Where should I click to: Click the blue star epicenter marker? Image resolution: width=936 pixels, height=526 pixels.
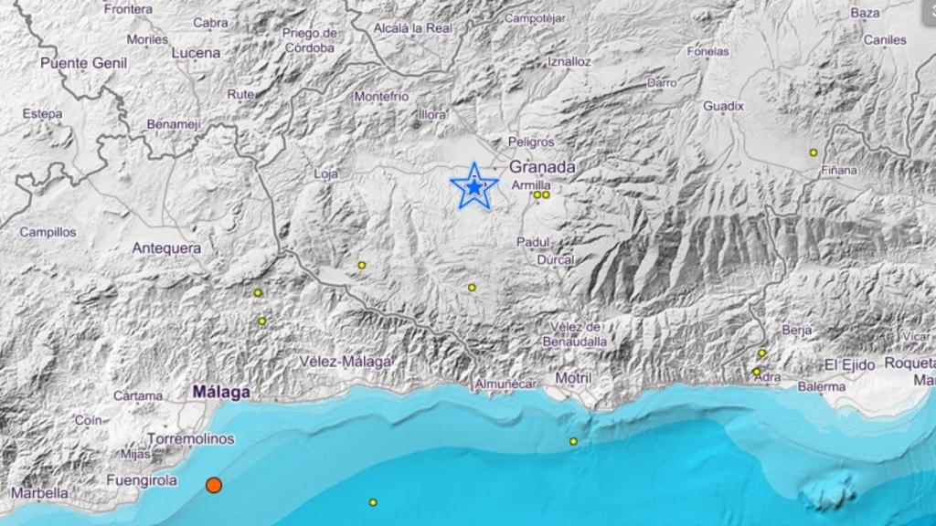click(473, 186)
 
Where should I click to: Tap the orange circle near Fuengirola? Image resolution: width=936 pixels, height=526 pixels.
click(213, 485)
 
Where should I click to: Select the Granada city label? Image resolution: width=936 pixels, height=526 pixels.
click(542, 167)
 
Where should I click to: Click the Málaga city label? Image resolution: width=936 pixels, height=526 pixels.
click(221, 392)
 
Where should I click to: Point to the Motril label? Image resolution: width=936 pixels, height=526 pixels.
click(573, 378)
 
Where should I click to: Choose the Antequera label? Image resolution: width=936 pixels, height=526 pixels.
click(165, 247)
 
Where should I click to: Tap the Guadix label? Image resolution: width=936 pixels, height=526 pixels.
click(723, 106)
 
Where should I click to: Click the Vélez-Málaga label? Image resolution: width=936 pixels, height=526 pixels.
click(346, 362)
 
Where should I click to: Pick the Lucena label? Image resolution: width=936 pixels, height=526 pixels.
click(196, 53)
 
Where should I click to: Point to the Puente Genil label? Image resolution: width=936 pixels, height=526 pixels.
click(83, 63)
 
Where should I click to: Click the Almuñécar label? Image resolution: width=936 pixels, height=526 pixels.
click(505, 385)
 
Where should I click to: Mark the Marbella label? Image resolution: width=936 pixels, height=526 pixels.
click(39, 493)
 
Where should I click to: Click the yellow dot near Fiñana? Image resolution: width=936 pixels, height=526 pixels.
click(813, 153)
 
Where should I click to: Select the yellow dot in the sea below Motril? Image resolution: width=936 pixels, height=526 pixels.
click(573, 442)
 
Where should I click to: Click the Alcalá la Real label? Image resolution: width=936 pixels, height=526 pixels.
click(413, 28)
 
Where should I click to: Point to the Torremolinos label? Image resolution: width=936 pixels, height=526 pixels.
click(191, 439)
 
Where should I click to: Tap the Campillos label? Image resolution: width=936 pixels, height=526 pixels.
click(48, 232)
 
